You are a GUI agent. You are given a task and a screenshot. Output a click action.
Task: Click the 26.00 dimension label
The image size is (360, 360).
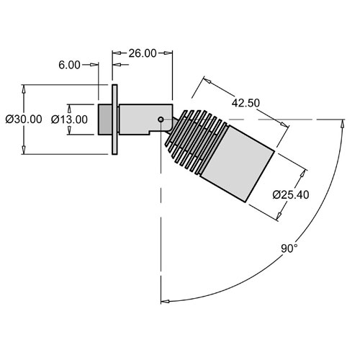[143, 53]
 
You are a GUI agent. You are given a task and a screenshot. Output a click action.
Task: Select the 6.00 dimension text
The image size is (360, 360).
[69, 65]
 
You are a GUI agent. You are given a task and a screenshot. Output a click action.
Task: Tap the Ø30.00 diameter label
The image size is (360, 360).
[24, 120]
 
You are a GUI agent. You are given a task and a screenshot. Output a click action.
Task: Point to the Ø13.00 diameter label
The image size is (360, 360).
[69, 120]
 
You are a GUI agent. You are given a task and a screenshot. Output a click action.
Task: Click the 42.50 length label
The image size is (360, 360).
[246, 103]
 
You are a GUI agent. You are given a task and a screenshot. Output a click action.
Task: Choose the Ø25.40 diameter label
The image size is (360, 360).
[291, 194]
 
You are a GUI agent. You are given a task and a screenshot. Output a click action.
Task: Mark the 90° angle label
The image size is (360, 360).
[289, 248]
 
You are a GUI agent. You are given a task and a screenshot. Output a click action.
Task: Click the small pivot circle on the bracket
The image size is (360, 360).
[161, 120]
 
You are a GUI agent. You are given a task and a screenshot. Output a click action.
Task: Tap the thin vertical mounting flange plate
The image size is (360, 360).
[114, 120]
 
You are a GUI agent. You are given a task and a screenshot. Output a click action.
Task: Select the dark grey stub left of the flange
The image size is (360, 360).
[105, 120]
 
